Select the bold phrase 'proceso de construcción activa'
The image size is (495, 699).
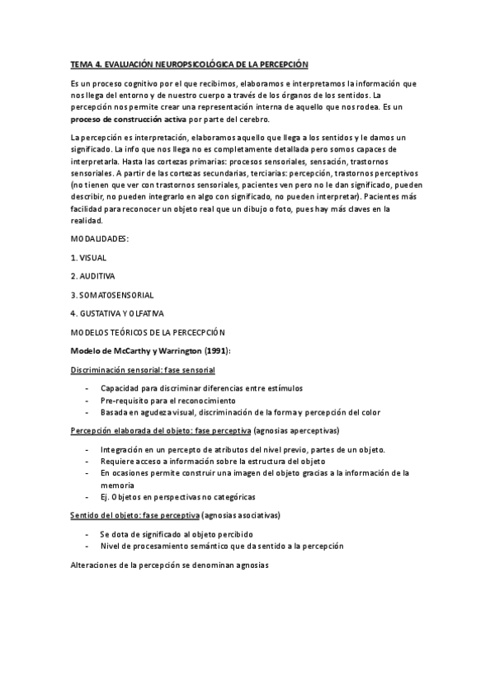point(130,119)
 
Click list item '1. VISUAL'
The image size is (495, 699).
point(88,257)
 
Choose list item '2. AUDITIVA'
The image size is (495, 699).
point(93,275)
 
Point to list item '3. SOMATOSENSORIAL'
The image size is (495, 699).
point(112,294)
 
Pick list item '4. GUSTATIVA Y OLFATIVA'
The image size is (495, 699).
point(117,313)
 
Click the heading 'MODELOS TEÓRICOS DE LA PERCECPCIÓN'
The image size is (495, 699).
point(148,332)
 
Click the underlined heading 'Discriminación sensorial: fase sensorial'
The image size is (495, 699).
point(143,370)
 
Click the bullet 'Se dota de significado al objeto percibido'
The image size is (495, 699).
point(177,534)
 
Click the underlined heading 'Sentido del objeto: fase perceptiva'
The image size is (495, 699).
point(134,515)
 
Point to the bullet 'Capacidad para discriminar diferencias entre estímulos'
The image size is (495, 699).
point(201,387)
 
